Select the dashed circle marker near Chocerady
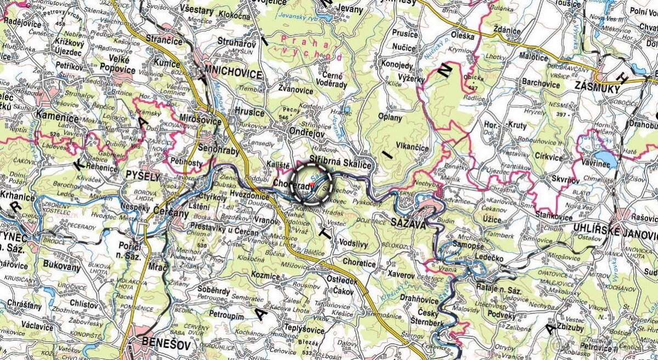click(x=312, y=184)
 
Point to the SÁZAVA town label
click(x=408, y=222)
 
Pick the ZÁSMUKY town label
click(x=597, y=87)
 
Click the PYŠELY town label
click(x=142, y=177)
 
